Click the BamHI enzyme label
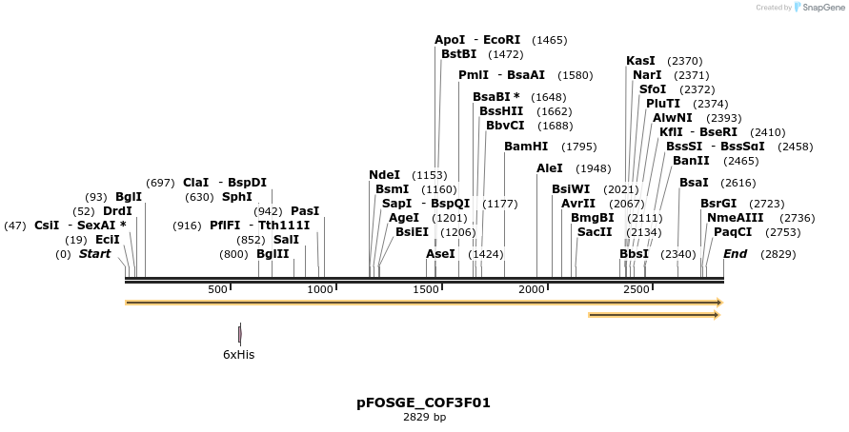(526, 147)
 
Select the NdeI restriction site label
(384, 175)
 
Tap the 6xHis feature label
(238, 355)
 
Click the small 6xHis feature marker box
(239, 334)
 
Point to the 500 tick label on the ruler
(217, 289)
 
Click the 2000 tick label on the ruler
(531, 289)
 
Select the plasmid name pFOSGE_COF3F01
(424, 403)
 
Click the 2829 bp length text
(424, 417)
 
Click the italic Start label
(94, 254)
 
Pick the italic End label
(735, 254)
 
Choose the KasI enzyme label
(640, 61)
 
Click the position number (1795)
(579, 147)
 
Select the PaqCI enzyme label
(733, 231)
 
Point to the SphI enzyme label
(237, 197)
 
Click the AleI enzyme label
(550, 168)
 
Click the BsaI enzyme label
(694, 183)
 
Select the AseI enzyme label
(440, 254)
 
